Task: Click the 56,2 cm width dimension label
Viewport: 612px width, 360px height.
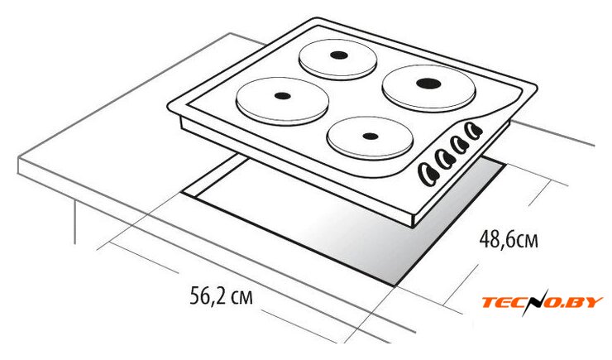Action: tap(222, 295)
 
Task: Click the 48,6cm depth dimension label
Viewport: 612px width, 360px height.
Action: tap(509, 239)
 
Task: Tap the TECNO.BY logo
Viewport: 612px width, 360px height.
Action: tap(543, 301)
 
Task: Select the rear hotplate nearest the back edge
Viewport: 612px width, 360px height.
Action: tap(338, 60)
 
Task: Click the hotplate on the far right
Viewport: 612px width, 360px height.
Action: tap(429, 89)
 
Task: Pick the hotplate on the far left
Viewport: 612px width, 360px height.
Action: tap(282, 101)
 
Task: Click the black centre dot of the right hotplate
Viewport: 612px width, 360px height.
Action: tap(428, 83)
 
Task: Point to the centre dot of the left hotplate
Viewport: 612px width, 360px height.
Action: tap(283, 96)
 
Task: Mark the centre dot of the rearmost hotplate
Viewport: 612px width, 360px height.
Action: tap(339, 55)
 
